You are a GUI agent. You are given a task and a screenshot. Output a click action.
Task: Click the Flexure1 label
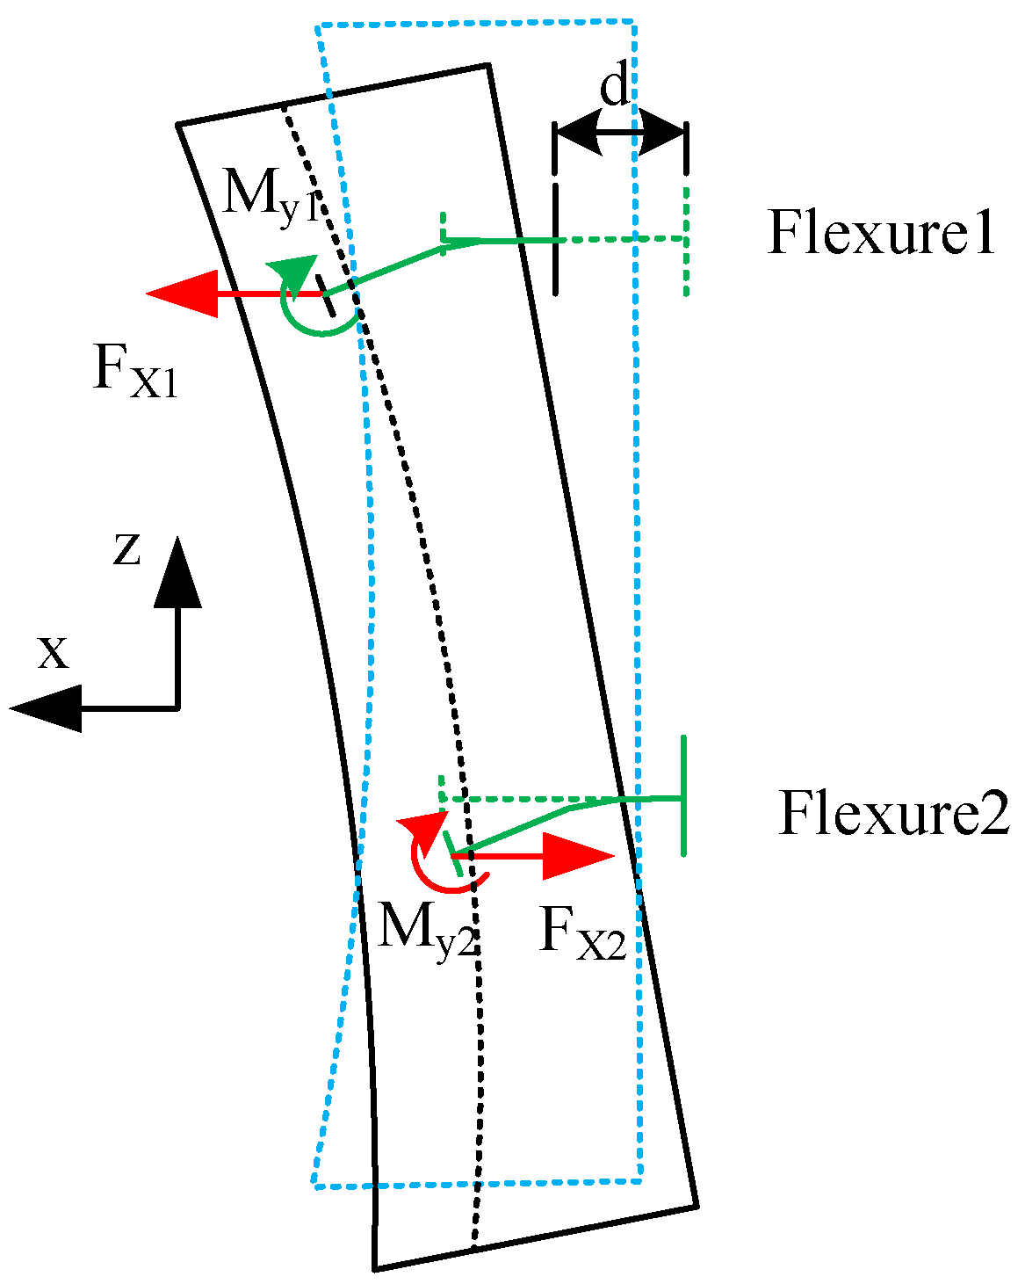tap(881, 234)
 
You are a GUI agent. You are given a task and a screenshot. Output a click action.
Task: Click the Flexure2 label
tap(893, 814)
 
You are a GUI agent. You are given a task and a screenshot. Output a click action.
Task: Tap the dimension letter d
tap(616, 88)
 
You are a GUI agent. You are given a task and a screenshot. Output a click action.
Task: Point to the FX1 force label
tap(134, 372)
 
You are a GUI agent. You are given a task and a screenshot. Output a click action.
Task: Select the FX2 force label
tap(581, 932)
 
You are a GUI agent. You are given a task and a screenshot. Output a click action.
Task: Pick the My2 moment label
tap(425, 927)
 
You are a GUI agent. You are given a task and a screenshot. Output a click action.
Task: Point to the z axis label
tap(127, 549)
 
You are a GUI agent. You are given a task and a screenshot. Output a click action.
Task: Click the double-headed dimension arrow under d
tap(620, 133)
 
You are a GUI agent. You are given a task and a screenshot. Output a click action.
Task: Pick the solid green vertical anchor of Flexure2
tap(682, 795)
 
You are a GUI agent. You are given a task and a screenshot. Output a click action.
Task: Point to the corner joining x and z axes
tap(178, 707)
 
